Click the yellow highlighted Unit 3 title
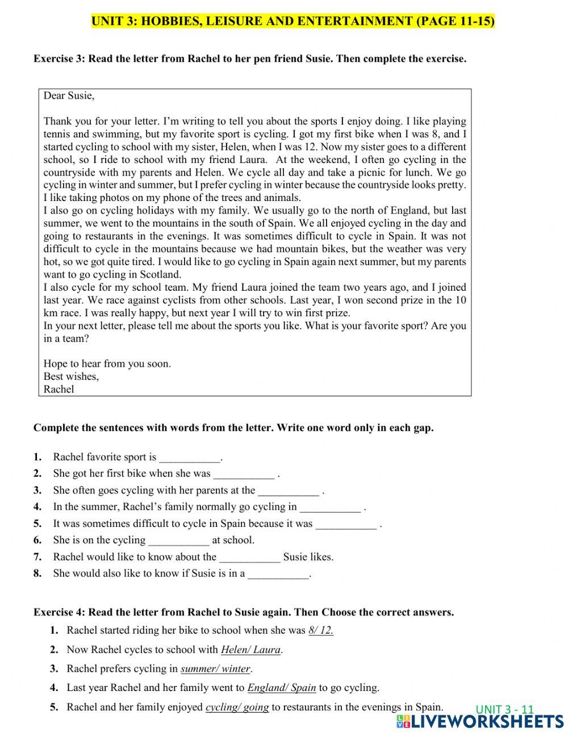click(293, 21)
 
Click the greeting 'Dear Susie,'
click(69, 95)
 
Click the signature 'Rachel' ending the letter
click(59, 389)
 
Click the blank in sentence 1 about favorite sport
click(190, 457)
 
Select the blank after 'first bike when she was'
click(244, 474)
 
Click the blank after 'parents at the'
click(288, 490)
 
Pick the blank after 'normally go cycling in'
click(329, 506)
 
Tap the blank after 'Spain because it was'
click(345, 523)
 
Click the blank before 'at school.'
click(178, 540)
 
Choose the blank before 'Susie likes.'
click(249, 556)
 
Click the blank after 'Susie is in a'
click(278, 573)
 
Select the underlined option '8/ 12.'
click(320, 630)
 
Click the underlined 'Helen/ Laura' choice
click(250, 650)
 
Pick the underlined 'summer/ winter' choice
click(215, 668)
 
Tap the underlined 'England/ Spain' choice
click(281, 688)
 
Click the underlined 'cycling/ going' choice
click(237, 707)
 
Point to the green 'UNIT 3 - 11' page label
click(504, 709)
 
